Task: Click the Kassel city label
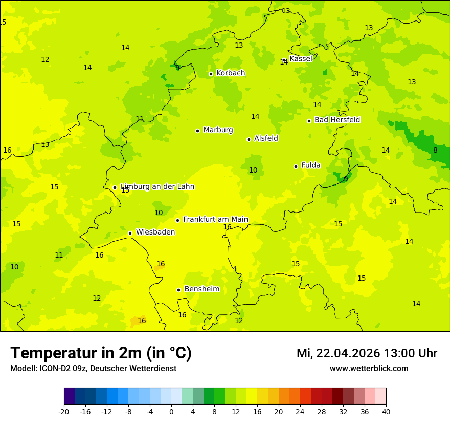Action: [301, 59]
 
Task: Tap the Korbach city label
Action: [231, 73]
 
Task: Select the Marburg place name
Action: [218, 130]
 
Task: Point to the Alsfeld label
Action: [266, 138]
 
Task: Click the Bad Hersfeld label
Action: [337, 120]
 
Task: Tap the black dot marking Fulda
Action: [296, 166]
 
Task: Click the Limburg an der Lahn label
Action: [157, 187]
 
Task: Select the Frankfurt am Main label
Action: [215, 220]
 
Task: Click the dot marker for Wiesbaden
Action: [130, 233]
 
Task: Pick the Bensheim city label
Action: [201, 289]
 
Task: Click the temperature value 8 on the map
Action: [435, 151]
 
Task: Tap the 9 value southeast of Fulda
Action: [346, 179]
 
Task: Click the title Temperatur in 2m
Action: [101, 353]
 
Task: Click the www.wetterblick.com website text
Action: [369, 369]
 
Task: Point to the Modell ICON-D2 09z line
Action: [93, 369]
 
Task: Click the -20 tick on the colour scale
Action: [64, 412]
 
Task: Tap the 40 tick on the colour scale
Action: [386, 412]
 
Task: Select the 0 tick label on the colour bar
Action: [171, 412]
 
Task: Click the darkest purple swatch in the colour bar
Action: [69, 396]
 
